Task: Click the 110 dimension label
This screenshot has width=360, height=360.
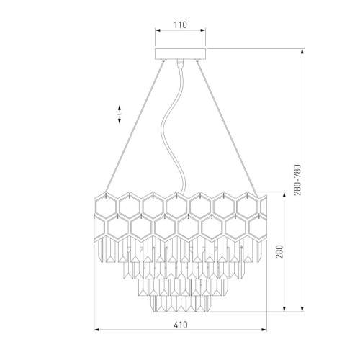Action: pos(181,24)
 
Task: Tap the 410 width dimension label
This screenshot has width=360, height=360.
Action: pos(181,325)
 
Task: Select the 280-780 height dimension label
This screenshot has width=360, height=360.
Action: pos(297,180)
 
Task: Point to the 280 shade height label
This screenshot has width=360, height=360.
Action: pos(279,251)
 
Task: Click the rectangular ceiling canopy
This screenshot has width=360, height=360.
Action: pos(181,53)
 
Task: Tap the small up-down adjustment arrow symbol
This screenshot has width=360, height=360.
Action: pos(120,114)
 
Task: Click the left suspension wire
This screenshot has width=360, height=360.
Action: pos(135,127)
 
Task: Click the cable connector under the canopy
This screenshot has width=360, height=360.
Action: pos(180,63)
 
